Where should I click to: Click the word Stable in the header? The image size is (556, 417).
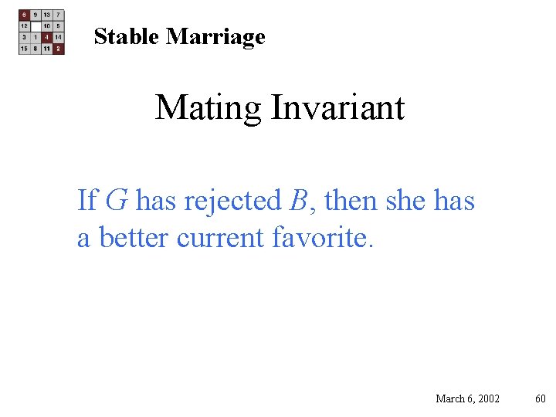click(127, 36)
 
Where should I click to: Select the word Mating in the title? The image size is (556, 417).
click(208, 107)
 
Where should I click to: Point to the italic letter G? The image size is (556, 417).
click(116, 201)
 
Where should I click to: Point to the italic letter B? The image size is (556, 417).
click(298, 201)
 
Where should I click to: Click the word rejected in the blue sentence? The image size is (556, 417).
click(232, 202)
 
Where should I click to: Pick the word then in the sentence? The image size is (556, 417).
click(345, 201)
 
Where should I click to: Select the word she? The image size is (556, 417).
click(400, 201)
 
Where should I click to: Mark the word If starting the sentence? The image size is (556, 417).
click(86, 201)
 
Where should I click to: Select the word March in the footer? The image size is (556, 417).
click(450, 398)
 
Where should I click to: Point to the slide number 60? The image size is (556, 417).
click(541, 398)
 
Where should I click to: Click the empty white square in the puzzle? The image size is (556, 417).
click(36, 25)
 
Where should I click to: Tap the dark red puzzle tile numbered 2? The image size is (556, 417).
click(59, 49)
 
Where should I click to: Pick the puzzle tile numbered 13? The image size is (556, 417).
click(47, 15)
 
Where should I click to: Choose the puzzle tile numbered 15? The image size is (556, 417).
click(24, 49)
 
